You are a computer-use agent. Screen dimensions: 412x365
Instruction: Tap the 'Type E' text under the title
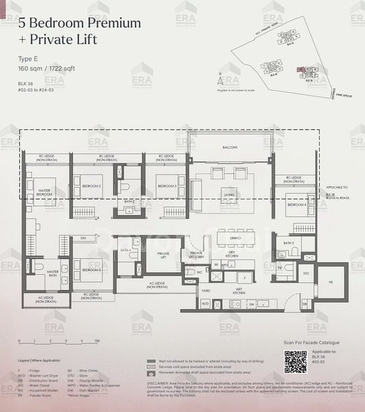coord(30,60)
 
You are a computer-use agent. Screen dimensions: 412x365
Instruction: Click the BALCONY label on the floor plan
coord(230,148)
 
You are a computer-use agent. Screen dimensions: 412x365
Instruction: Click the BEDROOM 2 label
coord(91,186)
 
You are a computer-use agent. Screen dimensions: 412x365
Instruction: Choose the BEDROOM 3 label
coord(166,186)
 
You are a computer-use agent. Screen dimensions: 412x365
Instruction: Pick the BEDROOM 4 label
coord(296,205)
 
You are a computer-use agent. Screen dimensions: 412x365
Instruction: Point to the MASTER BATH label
coord(52,273)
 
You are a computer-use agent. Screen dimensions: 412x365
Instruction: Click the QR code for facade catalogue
coord(295,362)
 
